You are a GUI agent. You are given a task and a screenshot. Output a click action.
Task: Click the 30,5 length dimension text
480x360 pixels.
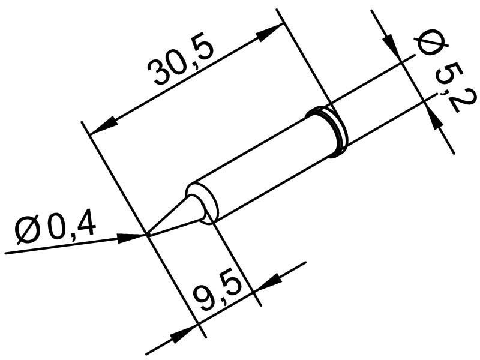click(x=183, y=66)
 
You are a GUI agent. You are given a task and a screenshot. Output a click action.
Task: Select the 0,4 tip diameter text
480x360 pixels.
click(x=72, y=227)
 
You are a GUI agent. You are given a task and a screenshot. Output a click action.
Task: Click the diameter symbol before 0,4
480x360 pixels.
click(x=29, y=232)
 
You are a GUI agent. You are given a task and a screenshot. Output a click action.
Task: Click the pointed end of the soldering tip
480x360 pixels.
click(x=148, y=234)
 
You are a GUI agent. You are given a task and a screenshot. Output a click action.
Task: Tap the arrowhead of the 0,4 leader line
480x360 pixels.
click(x=130, y=238)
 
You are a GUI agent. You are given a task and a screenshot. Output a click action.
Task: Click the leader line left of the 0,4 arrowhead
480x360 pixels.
click(x=60, y=246)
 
